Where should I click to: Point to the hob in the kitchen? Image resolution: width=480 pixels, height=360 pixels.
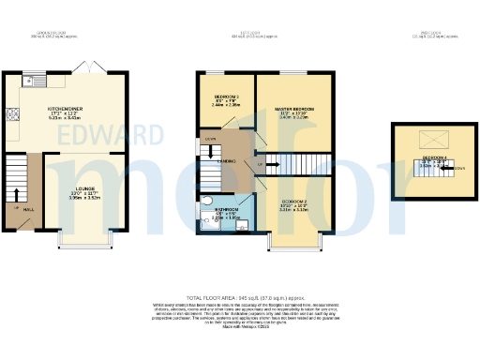coord(14,116)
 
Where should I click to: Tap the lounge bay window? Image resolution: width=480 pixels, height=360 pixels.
coord(90,247)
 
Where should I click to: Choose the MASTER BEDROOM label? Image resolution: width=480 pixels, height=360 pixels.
coord(293,110)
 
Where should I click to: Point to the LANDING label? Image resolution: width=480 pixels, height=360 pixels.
coord(226,161)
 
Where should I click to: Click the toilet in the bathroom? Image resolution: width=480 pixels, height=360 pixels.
coord(206,201)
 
